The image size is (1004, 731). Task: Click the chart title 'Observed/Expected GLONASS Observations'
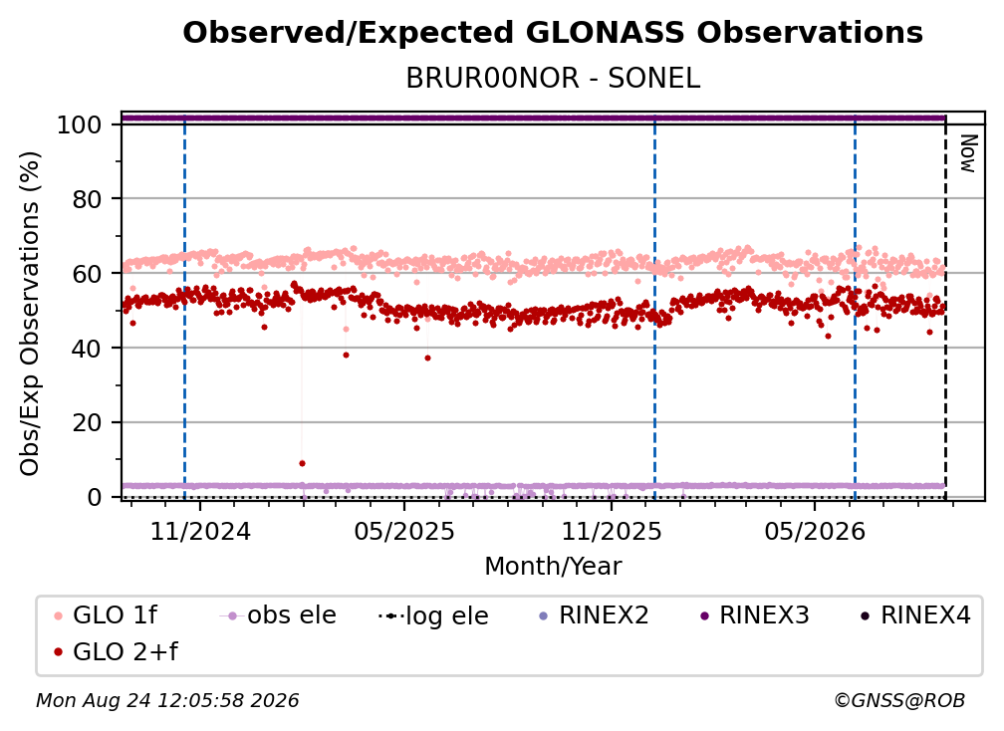553,32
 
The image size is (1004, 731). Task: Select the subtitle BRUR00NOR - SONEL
553,79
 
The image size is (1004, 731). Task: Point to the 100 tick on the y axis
80,124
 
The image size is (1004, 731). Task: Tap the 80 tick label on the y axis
87,199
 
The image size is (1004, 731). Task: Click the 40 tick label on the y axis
87,349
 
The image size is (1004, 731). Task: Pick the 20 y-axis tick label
87,423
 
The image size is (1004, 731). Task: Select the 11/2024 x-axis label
200,531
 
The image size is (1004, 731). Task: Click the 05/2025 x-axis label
404,531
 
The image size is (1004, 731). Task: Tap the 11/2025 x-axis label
612,531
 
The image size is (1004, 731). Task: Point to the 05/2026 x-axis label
815,531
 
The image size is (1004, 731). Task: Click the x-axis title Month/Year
553,567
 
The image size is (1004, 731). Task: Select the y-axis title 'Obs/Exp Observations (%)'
30,314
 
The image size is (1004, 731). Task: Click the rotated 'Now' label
967,153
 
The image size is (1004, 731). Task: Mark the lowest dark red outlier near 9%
302,463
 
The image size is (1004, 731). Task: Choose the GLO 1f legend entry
105,615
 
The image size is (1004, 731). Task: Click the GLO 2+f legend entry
116,652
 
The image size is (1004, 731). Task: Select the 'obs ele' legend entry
277,615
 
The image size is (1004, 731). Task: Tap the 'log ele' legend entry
433,616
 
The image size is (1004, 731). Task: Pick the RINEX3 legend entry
755,615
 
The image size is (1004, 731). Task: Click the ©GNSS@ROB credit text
899,701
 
